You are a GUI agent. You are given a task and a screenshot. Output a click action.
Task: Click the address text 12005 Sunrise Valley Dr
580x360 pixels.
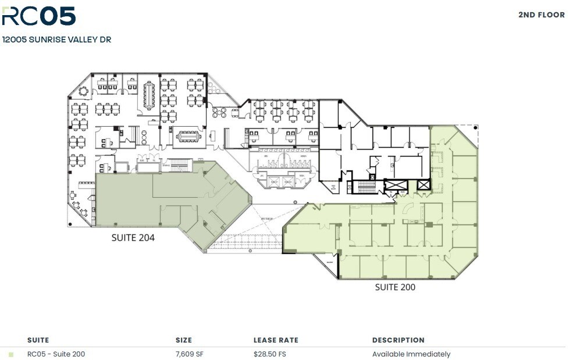[56, 40]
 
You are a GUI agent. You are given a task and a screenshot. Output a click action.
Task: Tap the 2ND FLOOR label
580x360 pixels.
[541, 15]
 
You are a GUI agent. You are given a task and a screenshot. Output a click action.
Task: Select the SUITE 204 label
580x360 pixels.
[133, 237]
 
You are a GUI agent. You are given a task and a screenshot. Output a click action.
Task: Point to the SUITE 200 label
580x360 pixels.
[395, 287]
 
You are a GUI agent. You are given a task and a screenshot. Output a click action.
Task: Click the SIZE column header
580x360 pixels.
[183, 340]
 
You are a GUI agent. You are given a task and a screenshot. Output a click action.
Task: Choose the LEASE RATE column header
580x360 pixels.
[276, 340]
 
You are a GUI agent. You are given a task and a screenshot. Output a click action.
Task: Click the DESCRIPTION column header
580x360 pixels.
[398, 340]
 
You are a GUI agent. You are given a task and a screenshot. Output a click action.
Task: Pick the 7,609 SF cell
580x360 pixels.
[189, 354]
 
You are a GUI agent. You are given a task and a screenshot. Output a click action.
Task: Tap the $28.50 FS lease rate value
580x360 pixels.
[272, 354]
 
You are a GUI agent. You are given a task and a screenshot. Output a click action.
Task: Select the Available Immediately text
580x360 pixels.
[411, 354]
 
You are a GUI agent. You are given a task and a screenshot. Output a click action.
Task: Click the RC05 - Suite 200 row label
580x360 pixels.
[56, 354]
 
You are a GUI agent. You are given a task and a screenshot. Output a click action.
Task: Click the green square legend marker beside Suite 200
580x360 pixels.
[11, 354]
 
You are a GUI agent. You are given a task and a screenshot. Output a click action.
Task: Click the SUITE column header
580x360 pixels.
[38, 340]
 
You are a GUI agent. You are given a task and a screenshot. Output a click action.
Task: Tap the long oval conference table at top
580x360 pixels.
[148, 95]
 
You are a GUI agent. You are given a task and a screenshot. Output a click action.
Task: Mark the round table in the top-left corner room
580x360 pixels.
[83, 91]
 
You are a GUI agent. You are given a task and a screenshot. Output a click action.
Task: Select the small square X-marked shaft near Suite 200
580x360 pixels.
[424, 186]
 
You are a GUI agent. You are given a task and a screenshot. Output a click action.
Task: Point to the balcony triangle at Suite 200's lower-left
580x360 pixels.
[330, 268]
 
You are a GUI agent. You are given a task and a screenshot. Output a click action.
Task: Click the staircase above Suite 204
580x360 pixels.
[180, 167]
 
